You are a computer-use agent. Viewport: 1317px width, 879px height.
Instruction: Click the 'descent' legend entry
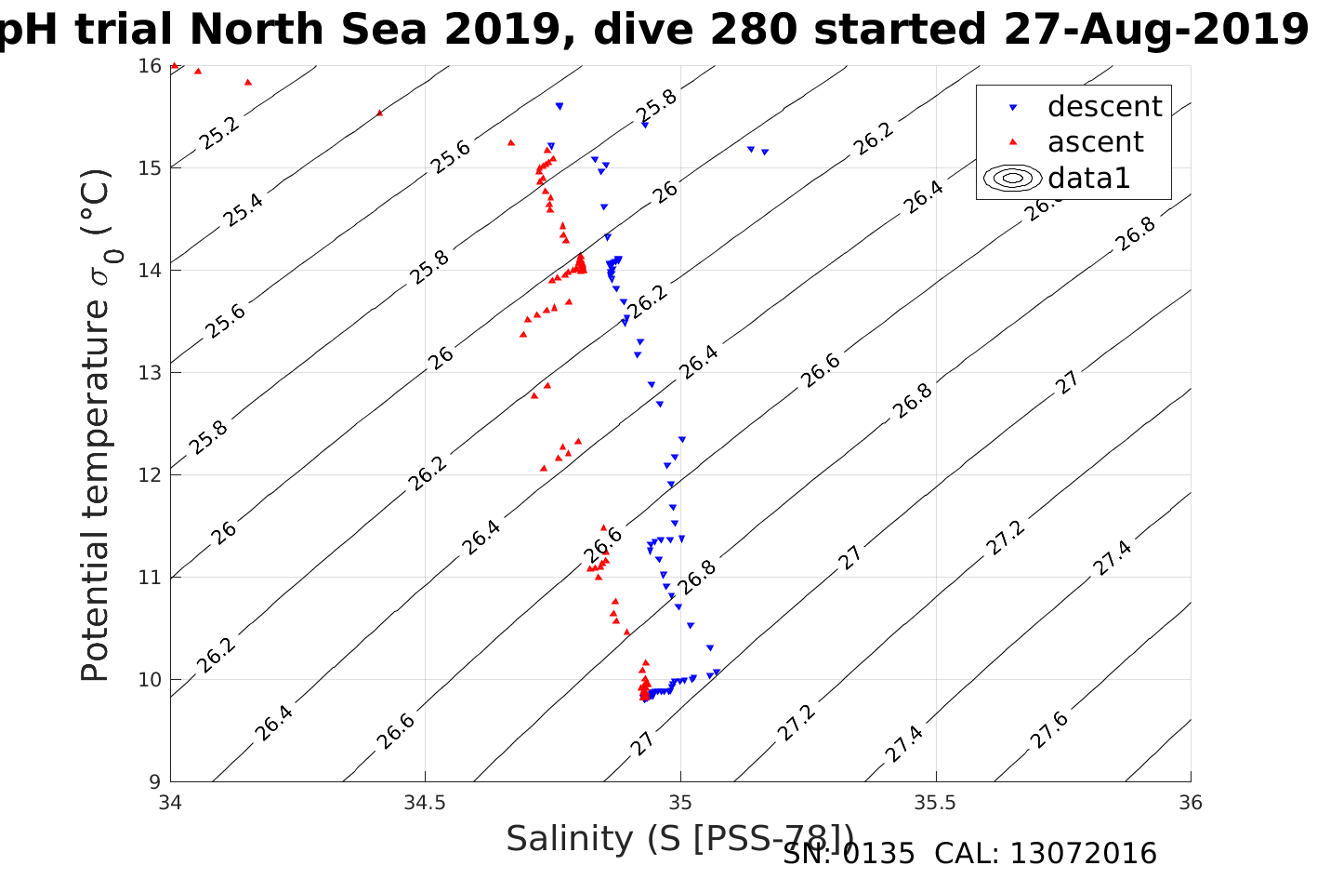tap(1103, 107)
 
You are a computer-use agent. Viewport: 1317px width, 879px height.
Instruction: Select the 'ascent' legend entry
tap(1095, 142)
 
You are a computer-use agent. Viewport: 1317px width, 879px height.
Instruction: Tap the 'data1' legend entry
tap(1088, 178)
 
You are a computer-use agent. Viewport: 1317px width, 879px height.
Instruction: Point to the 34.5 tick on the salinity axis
tap(426, 803)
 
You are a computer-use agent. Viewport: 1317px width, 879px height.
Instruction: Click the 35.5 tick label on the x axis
tap(935, 803)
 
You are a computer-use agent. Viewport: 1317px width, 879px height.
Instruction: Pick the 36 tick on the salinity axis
tap(1190, 803)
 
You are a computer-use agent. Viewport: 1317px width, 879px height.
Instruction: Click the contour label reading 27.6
tap(1049, 730)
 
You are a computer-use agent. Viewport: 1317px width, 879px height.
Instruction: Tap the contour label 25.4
tap(243, 211)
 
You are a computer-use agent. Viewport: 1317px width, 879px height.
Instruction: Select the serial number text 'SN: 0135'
tap(849, 853)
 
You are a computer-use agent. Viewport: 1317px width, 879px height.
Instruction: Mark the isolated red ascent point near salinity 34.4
tap(379, 113)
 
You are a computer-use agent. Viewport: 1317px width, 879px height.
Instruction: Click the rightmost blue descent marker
tap(765, 152)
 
